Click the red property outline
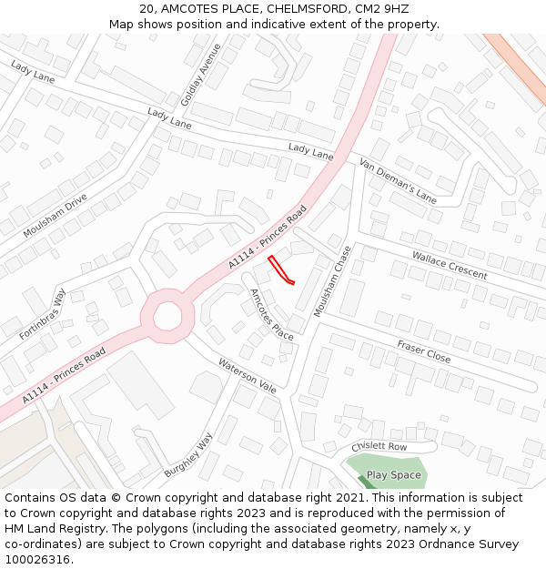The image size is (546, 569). [280, 270]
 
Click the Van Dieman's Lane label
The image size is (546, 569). [398, 179]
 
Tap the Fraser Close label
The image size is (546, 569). [423, 351]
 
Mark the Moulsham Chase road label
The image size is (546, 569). [332, 281]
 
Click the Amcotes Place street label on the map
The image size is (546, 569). [272, 313]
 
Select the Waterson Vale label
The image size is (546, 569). [247, 375]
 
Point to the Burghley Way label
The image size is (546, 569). [188, 455]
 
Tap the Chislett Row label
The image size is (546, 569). [379, 447]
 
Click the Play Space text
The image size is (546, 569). [394, 475]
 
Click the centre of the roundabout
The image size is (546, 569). [167, 316]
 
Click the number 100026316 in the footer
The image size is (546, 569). [38, 559]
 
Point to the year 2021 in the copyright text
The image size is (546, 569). [349, 498]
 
